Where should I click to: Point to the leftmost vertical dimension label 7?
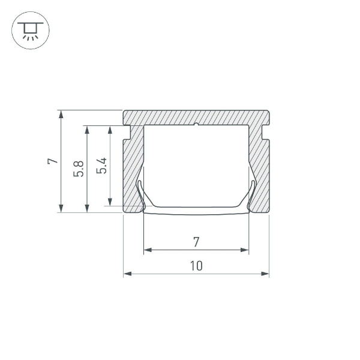click(x=53, y=161)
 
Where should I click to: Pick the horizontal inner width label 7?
click(x=196, y=242)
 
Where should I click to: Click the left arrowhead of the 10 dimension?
click(x=127, y=274)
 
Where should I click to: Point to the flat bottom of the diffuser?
click(x=196, y=210)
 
